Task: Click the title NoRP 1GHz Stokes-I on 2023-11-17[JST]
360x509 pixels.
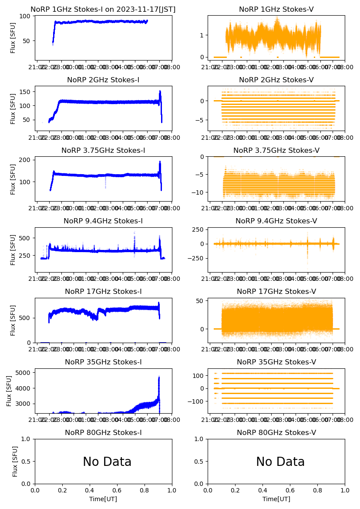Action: point(103,9)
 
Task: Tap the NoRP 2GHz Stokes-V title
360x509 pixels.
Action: point(276,80)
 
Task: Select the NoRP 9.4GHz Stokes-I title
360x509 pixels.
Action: point(103,221)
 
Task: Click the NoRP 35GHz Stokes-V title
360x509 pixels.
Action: point(276,362)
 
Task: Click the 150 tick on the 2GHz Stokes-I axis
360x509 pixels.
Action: point(25,91)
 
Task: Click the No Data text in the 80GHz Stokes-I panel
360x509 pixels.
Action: point(107,462)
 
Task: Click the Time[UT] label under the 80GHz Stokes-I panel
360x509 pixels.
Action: point(103,499)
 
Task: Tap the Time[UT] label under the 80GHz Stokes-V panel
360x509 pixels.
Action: point(276,499)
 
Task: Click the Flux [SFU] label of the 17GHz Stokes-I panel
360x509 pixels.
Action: point(13,320)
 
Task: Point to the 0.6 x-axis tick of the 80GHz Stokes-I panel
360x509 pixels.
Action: point(117,490)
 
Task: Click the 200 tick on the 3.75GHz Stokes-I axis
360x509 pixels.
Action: point(25,160)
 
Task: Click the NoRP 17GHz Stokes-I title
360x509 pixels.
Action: point(103,291)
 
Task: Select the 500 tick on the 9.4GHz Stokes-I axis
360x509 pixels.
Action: point(25,238)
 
